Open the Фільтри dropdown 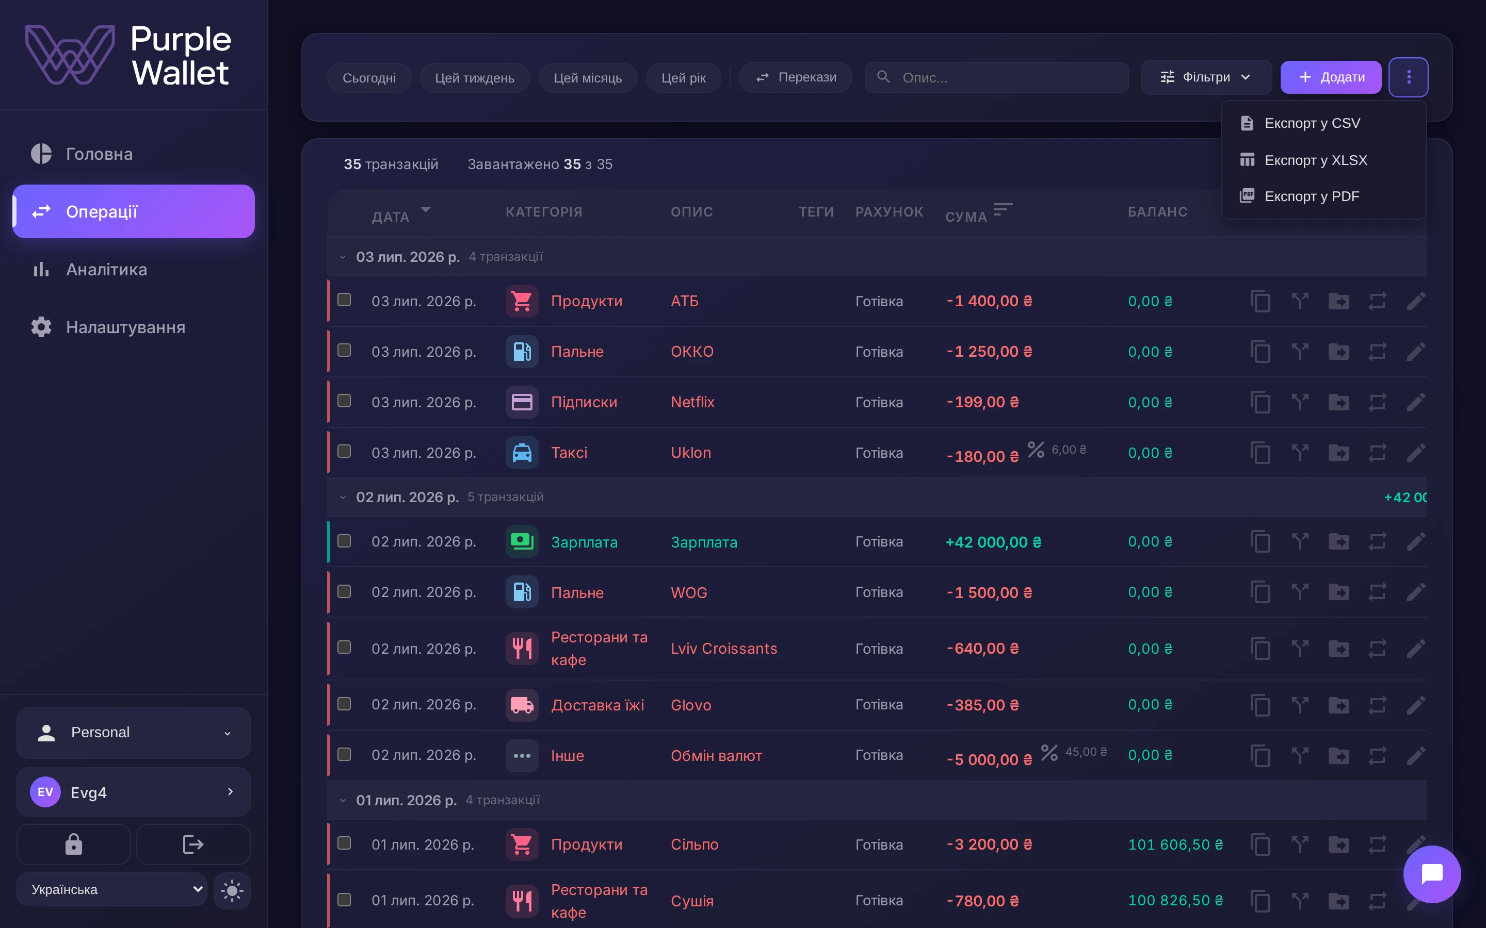[x=1205, y=77]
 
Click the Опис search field [x=996, y=77]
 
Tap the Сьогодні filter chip [x=369, y=78]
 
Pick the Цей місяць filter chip [x=588, y=78]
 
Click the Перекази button [x=795, y=77]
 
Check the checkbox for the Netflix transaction [x=345, y=401]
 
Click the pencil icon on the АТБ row [x=1416, y=302]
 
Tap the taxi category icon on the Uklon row [x=522, y=453]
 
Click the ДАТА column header [x=391, y=217]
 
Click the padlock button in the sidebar [x=74, y=844]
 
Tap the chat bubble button [x=1432, y=874]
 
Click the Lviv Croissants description [x=724, y=649]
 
